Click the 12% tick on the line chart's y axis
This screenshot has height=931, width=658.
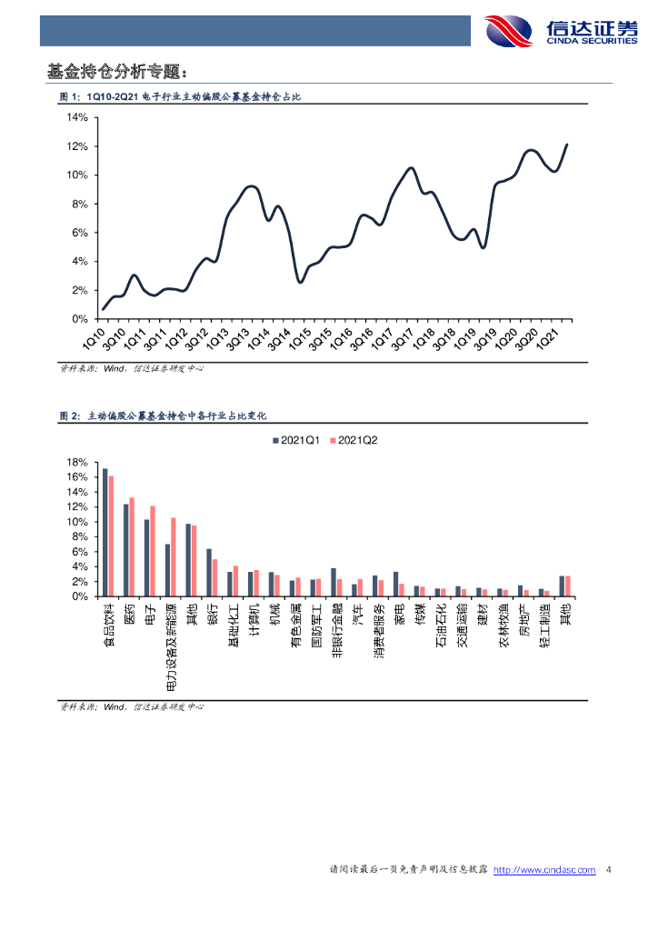[76, 146]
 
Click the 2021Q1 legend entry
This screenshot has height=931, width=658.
[295, 441]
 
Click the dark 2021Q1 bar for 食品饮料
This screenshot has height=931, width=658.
[105, 532]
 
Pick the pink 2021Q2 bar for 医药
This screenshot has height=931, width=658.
[132, 546]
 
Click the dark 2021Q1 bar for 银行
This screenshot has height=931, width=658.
[209, 572]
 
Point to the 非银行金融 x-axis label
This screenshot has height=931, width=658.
[336, 633]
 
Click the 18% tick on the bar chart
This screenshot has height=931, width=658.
[76, 463]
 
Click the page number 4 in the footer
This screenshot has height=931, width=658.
[608, 870]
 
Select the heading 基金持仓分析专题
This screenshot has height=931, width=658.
[118, 71]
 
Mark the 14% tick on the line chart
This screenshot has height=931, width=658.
[76, 117]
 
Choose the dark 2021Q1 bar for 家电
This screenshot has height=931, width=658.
[395, 584]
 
